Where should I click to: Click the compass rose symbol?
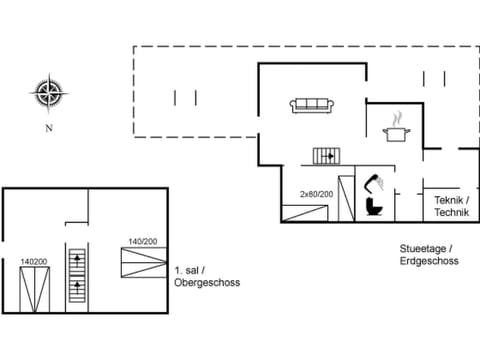[47, 94]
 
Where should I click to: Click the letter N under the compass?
[47, 129]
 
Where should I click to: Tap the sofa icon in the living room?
[312, 104]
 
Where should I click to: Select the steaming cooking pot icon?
[397, 129]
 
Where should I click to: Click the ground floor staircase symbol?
[327, 155]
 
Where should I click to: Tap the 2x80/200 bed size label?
[316, 194]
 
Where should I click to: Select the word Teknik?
[449, 201]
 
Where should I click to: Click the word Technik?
[452, 214]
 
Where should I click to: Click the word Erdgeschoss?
[428, 261]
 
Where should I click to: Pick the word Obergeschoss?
[207, 283]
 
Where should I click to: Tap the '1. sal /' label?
[190, 271]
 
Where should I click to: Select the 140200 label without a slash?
[35, 261]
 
